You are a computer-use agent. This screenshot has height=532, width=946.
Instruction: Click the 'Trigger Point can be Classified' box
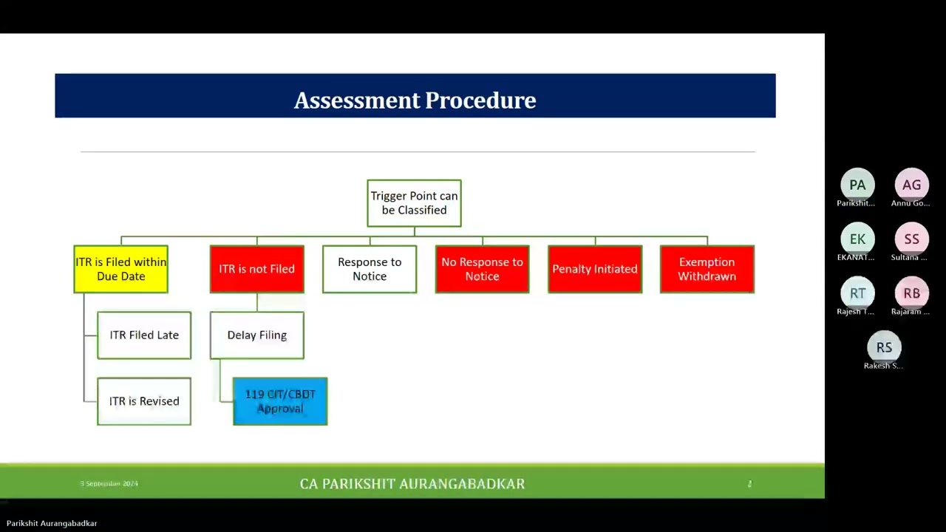click(414, 203)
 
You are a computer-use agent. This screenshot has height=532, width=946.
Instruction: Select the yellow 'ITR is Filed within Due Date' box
click(121, 269)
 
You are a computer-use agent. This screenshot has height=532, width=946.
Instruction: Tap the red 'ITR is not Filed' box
click(256, 269)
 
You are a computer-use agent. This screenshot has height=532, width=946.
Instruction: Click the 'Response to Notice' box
click(370, 269)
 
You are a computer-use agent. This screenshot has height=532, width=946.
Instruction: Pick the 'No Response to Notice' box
click(482, 269)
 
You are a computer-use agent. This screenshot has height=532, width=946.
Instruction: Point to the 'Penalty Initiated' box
click(595, 269)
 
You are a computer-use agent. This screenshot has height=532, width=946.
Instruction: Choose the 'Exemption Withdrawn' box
click(707, 269)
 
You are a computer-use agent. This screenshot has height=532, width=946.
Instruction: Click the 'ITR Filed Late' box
click(144, 335)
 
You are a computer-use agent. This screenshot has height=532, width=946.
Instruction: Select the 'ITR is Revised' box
click(144, 401)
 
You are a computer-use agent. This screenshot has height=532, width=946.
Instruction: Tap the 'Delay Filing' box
click(256, 335)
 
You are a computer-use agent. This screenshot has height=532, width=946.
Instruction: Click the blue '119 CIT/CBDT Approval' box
click(280, 401)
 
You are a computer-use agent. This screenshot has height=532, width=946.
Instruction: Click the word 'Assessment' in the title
click(356, 100)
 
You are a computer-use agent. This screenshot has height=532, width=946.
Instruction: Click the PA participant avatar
click(857, 185)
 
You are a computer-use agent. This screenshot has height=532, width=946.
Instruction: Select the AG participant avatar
click(911, 185)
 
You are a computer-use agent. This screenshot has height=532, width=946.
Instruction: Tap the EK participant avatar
click(857, 239)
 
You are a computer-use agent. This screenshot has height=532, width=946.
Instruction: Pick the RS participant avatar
click(884, 347)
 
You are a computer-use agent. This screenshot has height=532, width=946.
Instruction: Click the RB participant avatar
click(911, 293)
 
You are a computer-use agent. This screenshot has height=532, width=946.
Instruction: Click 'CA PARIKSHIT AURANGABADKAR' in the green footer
click(412, 484)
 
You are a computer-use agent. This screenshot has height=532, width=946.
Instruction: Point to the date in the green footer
click(109, 483)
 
